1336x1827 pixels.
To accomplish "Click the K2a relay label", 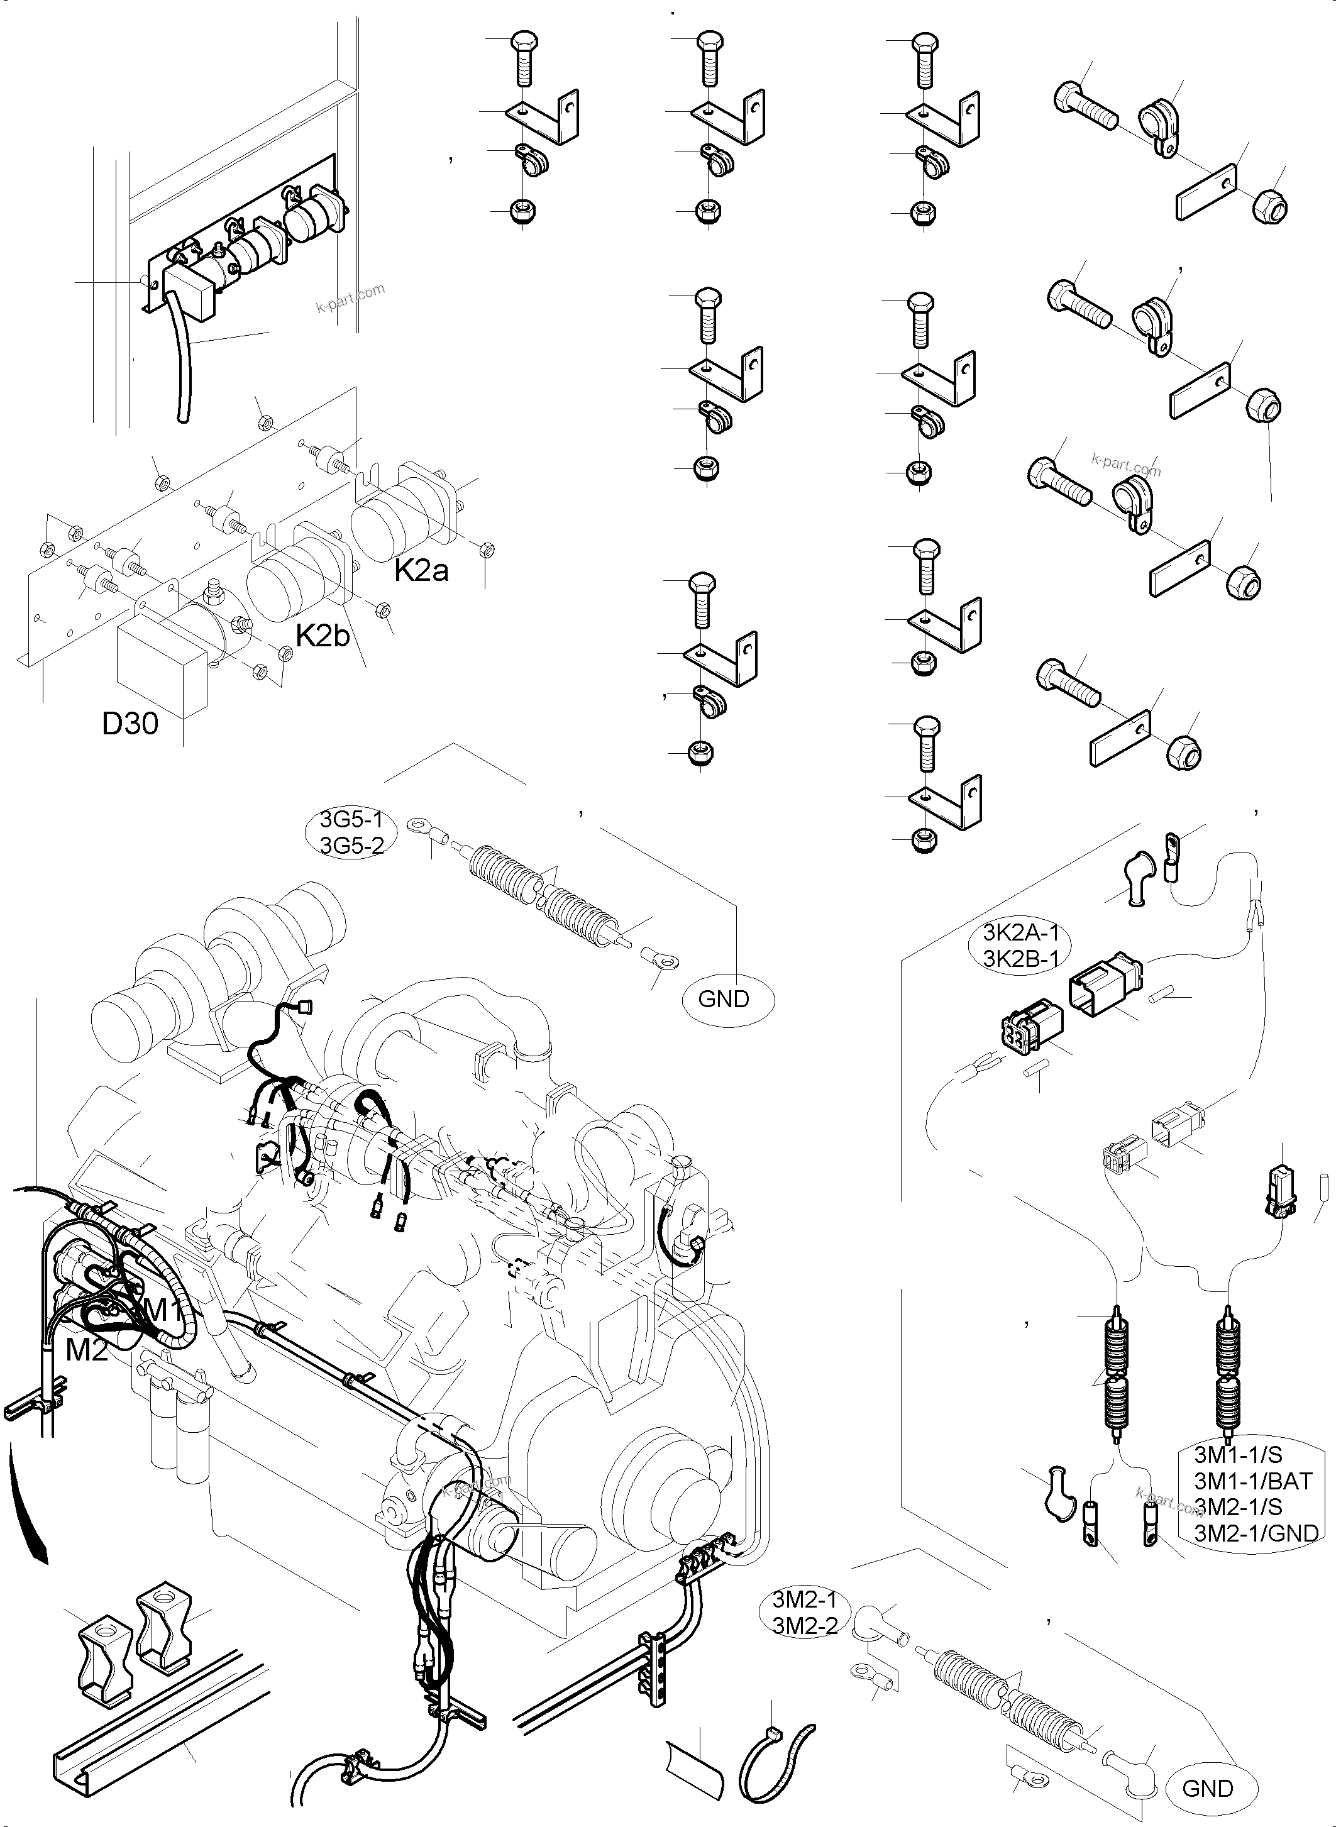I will (421, 570).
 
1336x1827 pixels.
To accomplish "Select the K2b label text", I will (322, 636).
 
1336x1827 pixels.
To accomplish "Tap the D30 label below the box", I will (130, 724).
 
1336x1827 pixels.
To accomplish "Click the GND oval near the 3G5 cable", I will (723, 999).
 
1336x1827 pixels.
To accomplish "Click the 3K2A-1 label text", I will (1020, 932).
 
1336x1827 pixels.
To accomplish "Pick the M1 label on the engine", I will (164, 1310).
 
